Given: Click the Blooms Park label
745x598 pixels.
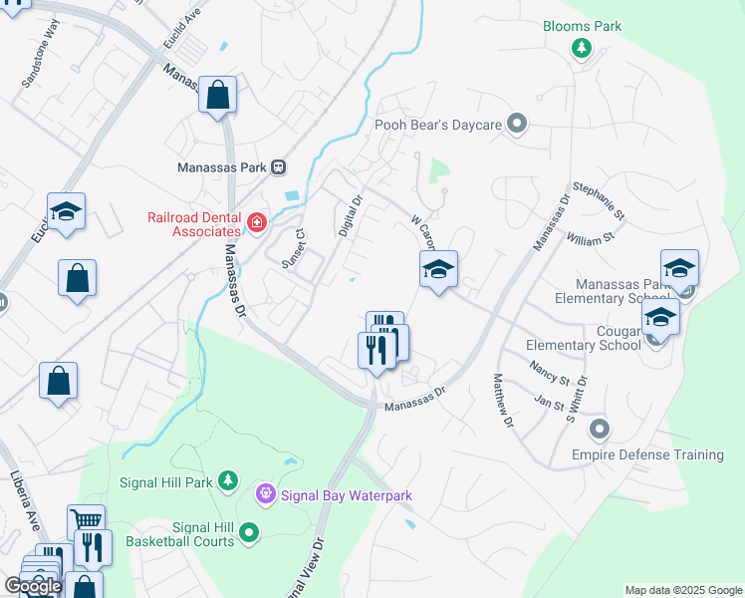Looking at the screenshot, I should (x=582, y=26).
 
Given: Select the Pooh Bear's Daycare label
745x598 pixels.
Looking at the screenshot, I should (x=436, y=125).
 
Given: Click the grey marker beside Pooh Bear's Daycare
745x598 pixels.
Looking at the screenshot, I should (x=516, y=125).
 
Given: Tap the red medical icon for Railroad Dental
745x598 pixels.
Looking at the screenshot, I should (x=257, y=221).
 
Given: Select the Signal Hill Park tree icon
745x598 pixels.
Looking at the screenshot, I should (x=228, y=481).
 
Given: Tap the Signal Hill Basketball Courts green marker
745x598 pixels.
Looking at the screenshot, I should (x=249, y=533).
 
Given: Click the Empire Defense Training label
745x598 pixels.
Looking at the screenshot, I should (x=647, y=455).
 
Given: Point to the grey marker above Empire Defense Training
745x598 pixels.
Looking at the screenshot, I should (x=599, y=431).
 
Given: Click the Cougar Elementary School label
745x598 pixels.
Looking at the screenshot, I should (x=584, y=338).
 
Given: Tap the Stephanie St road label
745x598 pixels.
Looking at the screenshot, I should (x=599, y=200).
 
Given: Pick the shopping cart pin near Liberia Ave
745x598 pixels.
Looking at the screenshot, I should (x=86, y=521).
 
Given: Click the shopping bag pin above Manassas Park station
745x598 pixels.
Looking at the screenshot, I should (x=217, y=96).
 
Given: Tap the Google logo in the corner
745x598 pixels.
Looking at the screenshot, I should (x=33, y=586).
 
